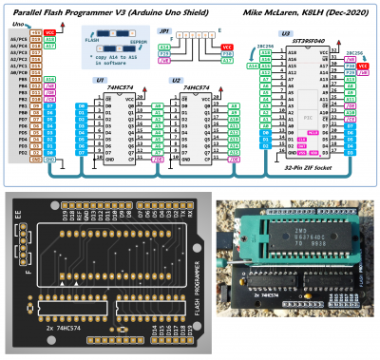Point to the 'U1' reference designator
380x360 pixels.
point(100,82)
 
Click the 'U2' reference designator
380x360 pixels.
point(177,82)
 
